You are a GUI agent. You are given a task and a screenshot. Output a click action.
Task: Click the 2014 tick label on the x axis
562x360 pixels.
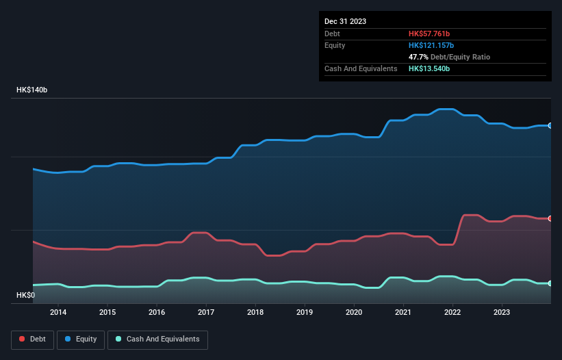[x=58, y=313]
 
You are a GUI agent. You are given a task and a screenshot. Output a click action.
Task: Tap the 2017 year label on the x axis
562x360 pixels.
[x=206, y=313]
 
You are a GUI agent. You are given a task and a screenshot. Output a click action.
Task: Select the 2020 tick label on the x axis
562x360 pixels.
[x=354, y=313]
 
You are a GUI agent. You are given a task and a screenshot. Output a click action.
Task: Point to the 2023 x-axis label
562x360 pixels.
[x=502, y=313]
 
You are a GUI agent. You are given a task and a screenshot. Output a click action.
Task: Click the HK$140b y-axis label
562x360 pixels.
[x=32, y=90]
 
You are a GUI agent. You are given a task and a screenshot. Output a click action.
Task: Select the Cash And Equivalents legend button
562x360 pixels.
[x=157, y=339]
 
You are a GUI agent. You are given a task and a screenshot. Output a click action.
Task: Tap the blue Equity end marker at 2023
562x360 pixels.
[x=550, y=126]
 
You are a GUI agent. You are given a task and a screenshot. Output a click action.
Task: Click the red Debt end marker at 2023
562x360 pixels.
[x=550, y=218]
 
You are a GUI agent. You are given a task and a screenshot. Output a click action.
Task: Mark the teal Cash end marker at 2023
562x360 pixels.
[x=550, y=283]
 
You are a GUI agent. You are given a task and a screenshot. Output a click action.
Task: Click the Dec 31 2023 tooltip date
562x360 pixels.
[x=345, y=21]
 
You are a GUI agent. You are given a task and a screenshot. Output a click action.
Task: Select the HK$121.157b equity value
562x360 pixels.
[x=433, y=45]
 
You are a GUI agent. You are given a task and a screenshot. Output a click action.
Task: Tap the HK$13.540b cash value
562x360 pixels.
[x=429, y=68]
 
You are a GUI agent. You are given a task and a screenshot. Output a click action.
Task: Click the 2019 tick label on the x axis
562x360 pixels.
[x=305, y=313]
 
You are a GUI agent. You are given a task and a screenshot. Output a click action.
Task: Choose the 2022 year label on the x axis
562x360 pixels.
[x=452, y=313]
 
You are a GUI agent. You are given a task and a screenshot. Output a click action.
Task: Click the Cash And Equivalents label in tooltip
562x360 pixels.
[x=361, y=68]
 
